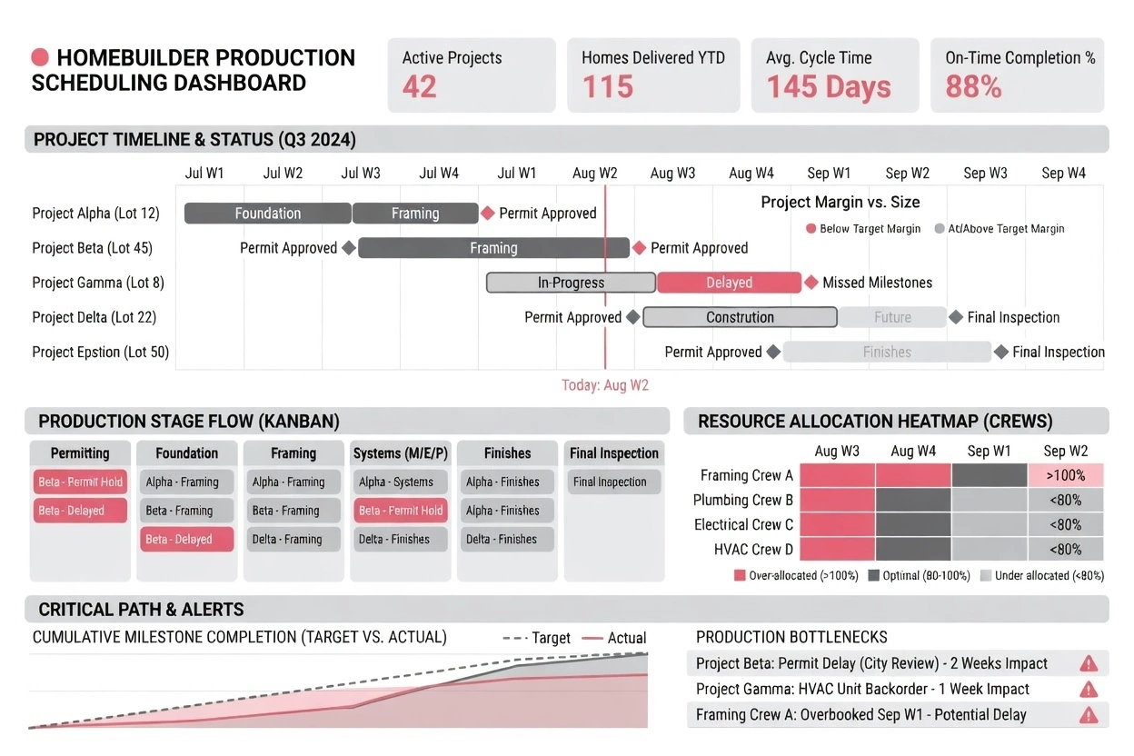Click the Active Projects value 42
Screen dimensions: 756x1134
tap(420, 87)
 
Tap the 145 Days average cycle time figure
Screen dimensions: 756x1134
tap(829, 87)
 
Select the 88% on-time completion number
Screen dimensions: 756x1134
tap(973, 87)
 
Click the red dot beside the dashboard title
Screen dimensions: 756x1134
tap(40, 58)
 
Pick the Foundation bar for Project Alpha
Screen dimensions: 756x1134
tap(267, 214)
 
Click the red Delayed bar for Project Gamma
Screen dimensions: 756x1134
tap(729, 283)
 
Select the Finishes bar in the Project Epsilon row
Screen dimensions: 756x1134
tap(887, 353)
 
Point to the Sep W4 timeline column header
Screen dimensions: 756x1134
tap(1064, 174)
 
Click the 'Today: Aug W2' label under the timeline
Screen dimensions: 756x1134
tap(605, 385)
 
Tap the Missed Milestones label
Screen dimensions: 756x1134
tap(877, 283)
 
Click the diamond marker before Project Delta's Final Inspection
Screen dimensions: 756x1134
tap(956, 317)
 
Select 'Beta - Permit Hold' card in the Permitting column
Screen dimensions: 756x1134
tap(81, 482)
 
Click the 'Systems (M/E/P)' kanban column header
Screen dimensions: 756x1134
tap(401, 453)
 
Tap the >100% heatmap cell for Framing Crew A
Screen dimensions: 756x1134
tap(1065, 475)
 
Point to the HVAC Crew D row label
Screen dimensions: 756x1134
tap(743, 549)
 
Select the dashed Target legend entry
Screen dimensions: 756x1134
tap(537, 638)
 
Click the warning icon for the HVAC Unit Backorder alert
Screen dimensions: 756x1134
tap(1088, 690)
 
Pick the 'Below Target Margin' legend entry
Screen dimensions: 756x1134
tap(862, 229)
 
